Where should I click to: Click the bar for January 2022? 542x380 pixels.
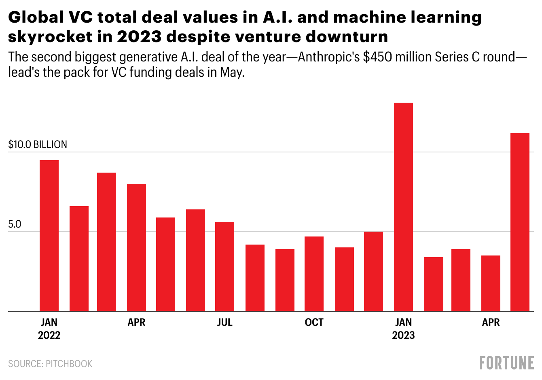(x=49, y=236)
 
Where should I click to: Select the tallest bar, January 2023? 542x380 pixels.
(x=403, y=207)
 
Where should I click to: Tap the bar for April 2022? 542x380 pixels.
(x=136, y=247)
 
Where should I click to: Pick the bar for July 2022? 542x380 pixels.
(x=224, y=266)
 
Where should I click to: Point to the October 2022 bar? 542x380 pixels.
(x=314, y=274)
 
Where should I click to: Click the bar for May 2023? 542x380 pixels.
(x=520, y=222)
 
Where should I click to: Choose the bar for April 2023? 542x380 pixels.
(x=491, y=283)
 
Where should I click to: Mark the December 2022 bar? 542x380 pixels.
(x=373, y=271)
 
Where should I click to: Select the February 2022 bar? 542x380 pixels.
(x=79, y=259)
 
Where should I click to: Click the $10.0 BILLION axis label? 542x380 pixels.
(x=38, y=144)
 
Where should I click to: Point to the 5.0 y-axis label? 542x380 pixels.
(x=15, y=224)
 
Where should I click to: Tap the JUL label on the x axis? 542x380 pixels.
(x=224, y=322)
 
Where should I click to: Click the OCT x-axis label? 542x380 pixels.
(x=314, y=322)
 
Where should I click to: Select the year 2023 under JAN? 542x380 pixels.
(x=403, y=335)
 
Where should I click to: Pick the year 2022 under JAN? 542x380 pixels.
(x=49, y=335)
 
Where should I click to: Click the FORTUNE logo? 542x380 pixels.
(x=506, y=363)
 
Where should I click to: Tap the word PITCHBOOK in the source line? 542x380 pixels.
(x=69, y=364)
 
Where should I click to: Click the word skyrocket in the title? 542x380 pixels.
(x=50, y=37)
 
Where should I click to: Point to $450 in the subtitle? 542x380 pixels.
(x=377, y=57)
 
